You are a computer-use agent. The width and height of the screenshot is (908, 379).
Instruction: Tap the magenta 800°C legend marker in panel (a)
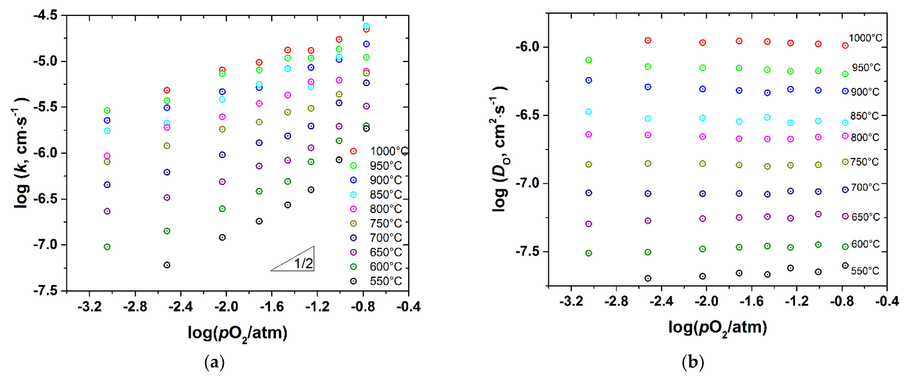[x=353, y=209]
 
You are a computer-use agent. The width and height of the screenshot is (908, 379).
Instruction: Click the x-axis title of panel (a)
[x=237, y=333]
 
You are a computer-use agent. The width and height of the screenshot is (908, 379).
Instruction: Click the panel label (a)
[x=214, y=362]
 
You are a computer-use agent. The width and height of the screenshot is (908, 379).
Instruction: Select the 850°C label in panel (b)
[x=864, y=116]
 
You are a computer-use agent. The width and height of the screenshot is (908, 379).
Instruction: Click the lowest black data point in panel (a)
[x=167, y=265]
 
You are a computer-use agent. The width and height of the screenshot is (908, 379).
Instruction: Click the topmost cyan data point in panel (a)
[x=366, y=26]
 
